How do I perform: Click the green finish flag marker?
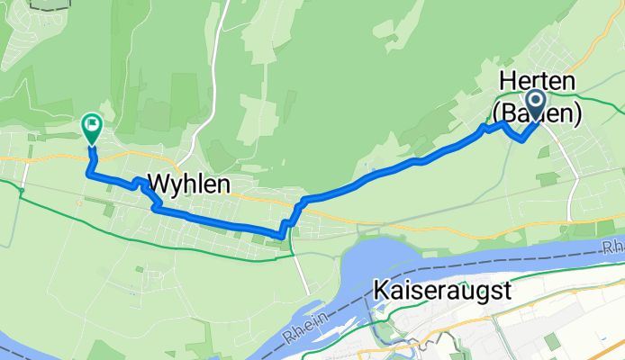click(92, 128)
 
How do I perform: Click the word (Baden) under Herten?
click(537, 112)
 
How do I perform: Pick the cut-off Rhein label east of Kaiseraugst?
click(613, 245)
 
